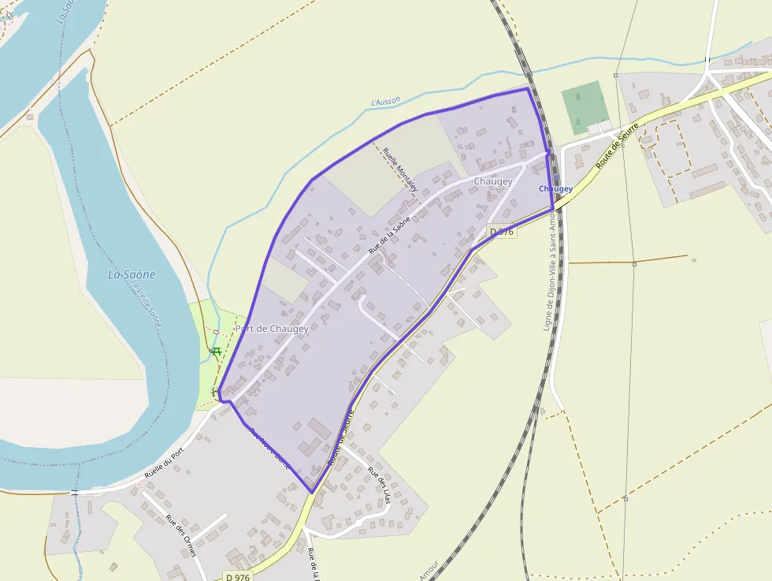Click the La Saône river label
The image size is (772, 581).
tap(132, 274)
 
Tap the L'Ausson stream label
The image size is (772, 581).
tap(386, 102)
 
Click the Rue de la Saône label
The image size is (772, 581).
tap(390, 234)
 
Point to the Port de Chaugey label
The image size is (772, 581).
tap(271, 329)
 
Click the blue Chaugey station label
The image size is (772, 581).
tap(555, 189)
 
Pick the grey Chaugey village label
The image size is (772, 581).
tap(493, 181)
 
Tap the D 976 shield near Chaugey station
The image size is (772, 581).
tap(502, 232)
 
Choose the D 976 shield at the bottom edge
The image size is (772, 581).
tap(238, 577)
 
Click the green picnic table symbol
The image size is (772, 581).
tap(215, 350)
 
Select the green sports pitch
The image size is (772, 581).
tap(584, 106)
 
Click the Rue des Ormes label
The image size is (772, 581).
tap(180, 536)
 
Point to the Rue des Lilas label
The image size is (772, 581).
tap(379, 485)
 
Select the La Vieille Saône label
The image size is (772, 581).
tap(147, 304)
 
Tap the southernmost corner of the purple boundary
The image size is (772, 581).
tap(313, 493)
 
